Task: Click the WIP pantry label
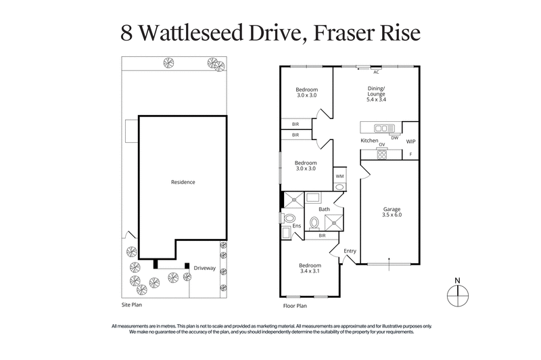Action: (x=410, y=141)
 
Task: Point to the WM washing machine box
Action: (x=339, y=176)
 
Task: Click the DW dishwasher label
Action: (x=394, y=137)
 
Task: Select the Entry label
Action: (x=350, y=251)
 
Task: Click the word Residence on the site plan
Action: (x=183, y=182)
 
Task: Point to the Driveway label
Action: (x=204, y=268)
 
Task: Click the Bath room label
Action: (x=324, y=210)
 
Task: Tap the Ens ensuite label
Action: (x=296, y=225)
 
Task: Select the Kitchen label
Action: (x=369, y=141)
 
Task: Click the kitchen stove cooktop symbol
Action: (x=382, y=154)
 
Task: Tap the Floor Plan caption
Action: (x=295, y=306)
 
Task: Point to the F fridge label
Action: (x=410, y=154)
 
